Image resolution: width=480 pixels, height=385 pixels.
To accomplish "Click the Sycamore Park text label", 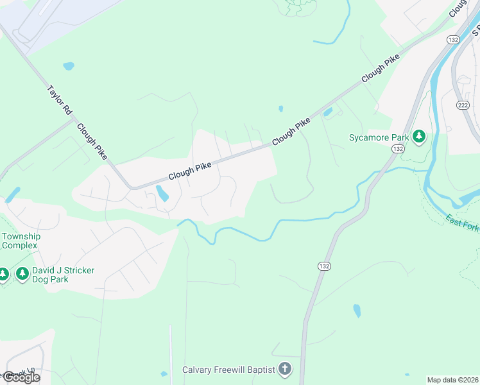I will click(379, 137).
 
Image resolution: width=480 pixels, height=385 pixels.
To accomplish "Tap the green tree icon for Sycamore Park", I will click(419, 136).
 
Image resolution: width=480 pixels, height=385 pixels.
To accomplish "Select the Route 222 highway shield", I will click(463, 105).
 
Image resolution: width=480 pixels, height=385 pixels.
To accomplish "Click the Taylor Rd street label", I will click(60, 101).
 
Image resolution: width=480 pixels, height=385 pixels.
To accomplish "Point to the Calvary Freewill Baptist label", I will click(228, 370).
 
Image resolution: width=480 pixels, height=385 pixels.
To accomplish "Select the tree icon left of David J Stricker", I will click(22, 275).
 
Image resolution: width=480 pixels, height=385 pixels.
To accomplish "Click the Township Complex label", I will click(21, 241).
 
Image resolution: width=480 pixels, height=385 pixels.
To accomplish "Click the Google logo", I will click(21, 377).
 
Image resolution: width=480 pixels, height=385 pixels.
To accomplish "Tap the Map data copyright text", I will click(452, 380).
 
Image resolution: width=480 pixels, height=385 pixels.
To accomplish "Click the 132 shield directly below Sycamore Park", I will click(398, 149).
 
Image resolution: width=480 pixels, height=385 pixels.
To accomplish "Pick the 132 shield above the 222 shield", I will click(454, 40).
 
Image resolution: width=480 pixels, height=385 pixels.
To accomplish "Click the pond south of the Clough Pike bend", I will click(162, 193).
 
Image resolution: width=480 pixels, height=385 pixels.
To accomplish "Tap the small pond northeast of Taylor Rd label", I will click(69, 66).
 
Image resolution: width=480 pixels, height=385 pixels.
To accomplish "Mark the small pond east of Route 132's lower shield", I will click(357, 311).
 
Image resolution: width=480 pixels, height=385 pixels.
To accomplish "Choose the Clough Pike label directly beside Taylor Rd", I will click(91, 142).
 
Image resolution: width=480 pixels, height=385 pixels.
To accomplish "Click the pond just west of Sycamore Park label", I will click(328, 113).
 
